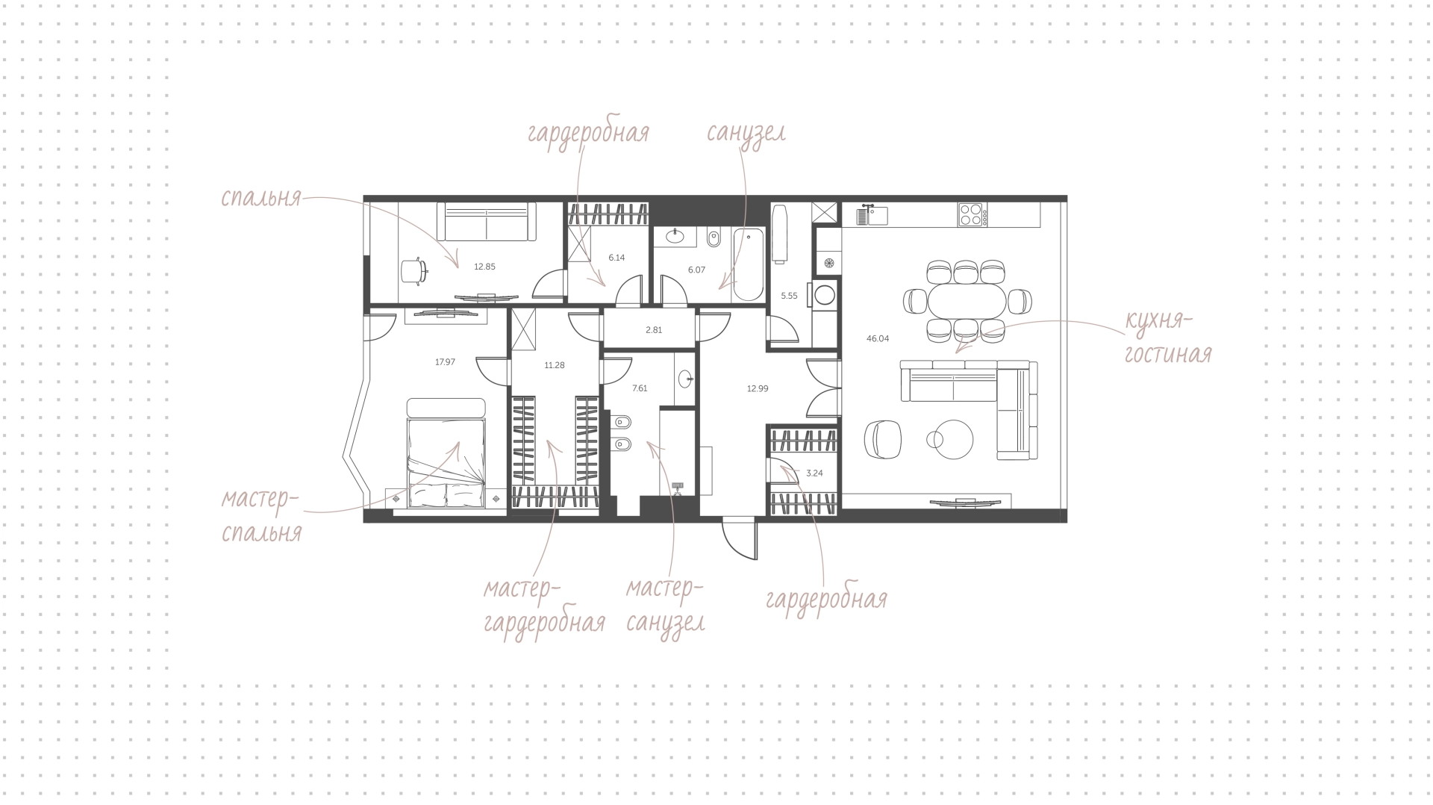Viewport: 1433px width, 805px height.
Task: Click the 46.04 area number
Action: [x=878, y=338]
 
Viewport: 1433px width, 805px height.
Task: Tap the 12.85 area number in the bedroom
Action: [x=484, y=267]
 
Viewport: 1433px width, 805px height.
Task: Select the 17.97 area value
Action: [x=445, y=362]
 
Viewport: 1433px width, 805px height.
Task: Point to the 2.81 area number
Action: [x=654, y=329]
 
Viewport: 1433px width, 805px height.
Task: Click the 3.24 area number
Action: [x=814, y=473]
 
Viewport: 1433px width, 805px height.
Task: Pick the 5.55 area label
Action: [x=789, y=296]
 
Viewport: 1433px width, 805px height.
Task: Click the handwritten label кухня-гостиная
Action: [x=1168, y=338]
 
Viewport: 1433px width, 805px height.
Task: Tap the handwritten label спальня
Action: [x=260, y=198]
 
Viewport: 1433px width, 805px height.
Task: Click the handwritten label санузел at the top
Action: [x=746, y=134]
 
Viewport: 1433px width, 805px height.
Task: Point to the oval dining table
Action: [x=967, y=302]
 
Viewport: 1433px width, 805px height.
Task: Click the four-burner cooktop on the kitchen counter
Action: [x=972, y=215]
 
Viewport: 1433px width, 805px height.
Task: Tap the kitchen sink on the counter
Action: [x=872, y=214]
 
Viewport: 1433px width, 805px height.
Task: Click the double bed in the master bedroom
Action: [x=446, y=453]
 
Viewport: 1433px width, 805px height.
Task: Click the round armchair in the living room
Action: [x=883, y=438]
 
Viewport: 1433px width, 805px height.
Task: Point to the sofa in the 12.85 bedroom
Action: [x=487, y=221]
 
